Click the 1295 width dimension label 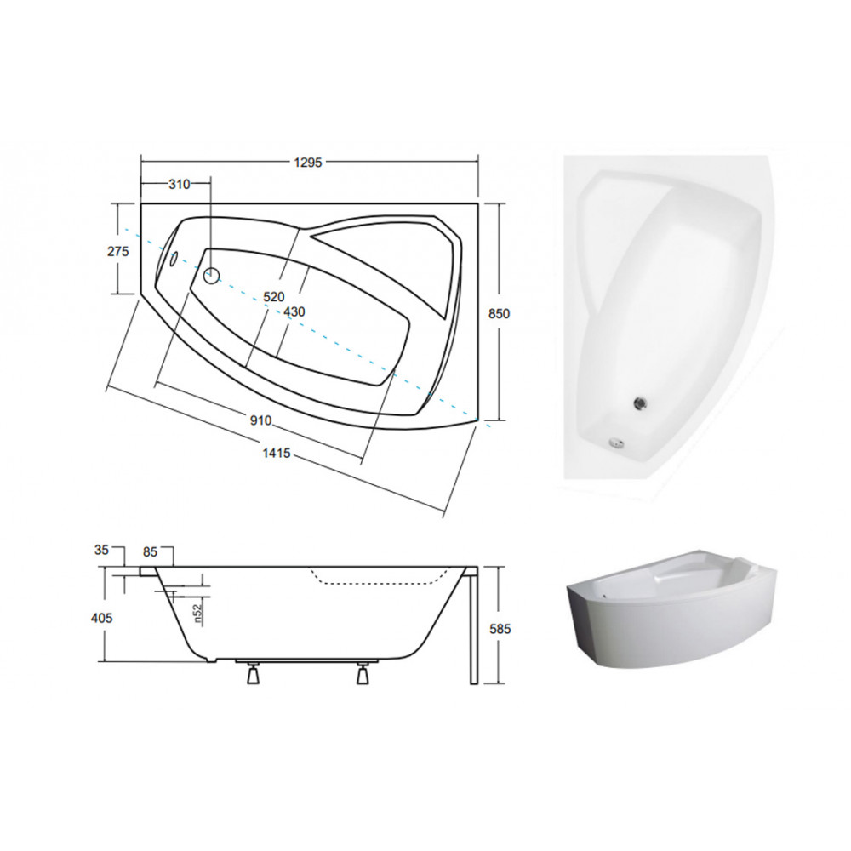click(308, 163)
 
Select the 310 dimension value click(179, 185)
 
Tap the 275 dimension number click(118, 251)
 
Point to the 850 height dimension click(499, 314)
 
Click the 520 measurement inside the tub click(273, 297)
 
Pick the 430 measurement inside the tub click(294, 312)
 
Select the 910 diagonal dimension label click(260, 420)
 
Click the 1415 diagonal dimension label click(277, 454)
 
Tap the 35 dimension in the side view click(101, 550)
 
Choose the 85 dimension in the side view click(150, 552)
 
